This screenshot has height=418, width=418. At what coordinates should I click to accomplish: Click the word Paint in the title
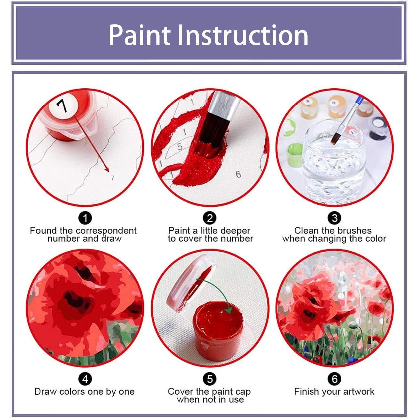(140, 35)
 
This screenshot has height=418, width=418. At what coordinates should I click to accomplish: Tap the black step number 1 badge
(85, 218)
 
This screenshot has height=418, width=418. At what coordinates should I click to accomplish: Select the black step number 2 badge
(210, 218)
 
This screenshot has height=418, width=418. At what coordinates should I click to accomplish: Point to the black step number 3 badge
(334, 218)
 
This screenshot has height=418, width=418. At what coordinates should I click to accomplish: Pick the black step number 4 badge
(85, 379)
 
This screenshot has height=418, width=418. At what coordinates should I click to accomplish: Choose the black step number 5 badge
(210, 379)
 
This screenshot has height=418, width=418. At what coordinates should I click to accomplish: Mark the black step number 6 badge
(334, 379)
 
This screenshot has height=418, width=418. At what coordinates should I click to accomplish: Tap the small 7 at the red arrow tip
(113, 178)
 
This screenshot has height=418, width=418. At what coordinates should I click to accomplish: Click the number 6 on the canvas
(238, 174)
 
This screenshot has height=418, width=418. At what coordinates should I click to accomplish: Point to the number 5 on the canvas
(180, 147)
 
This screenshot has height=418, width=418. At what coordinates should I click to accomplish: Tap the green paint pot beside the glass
(294, 154)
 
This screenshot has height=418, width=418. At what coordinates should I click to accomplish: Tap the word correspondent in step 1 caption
(106, 230)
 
